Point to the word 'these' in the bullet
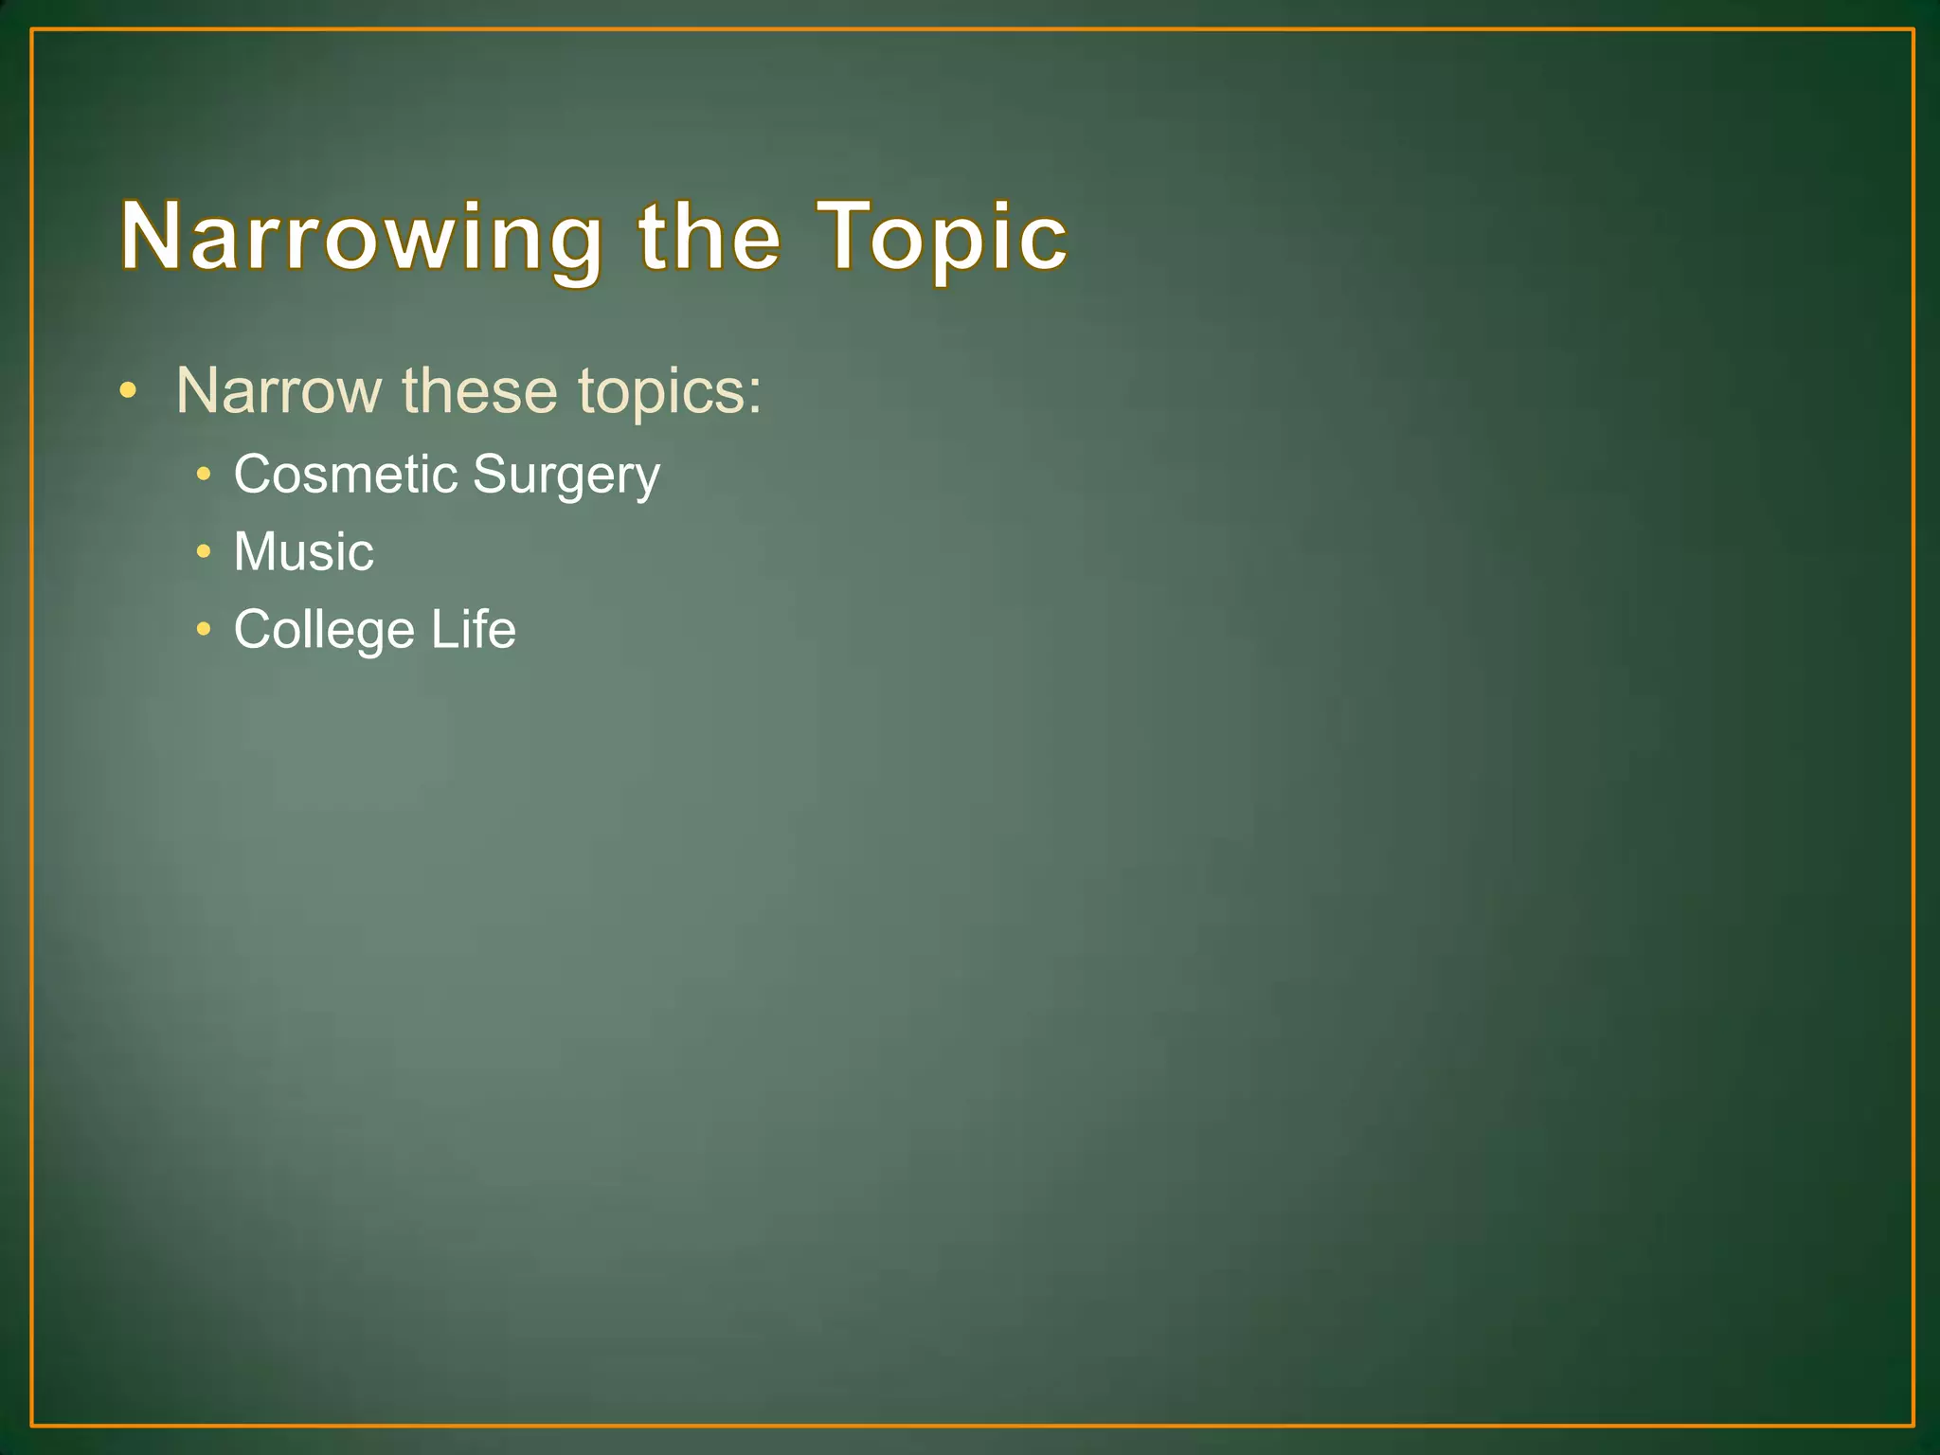(x=479, y=390)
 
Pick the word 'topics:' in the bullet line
(x=669, y=392)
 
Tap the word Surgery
(x=566, y=476)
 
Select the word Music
(x=303, y=551)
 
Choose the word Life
(x=473, y=629)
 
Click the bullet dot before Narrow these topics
(x=128, y=390)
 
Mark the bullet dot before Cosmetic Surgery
(x=203, y=473)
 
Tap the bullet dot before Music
(x=203, y=550)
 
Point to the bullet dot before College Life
(x=203, y=628)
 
